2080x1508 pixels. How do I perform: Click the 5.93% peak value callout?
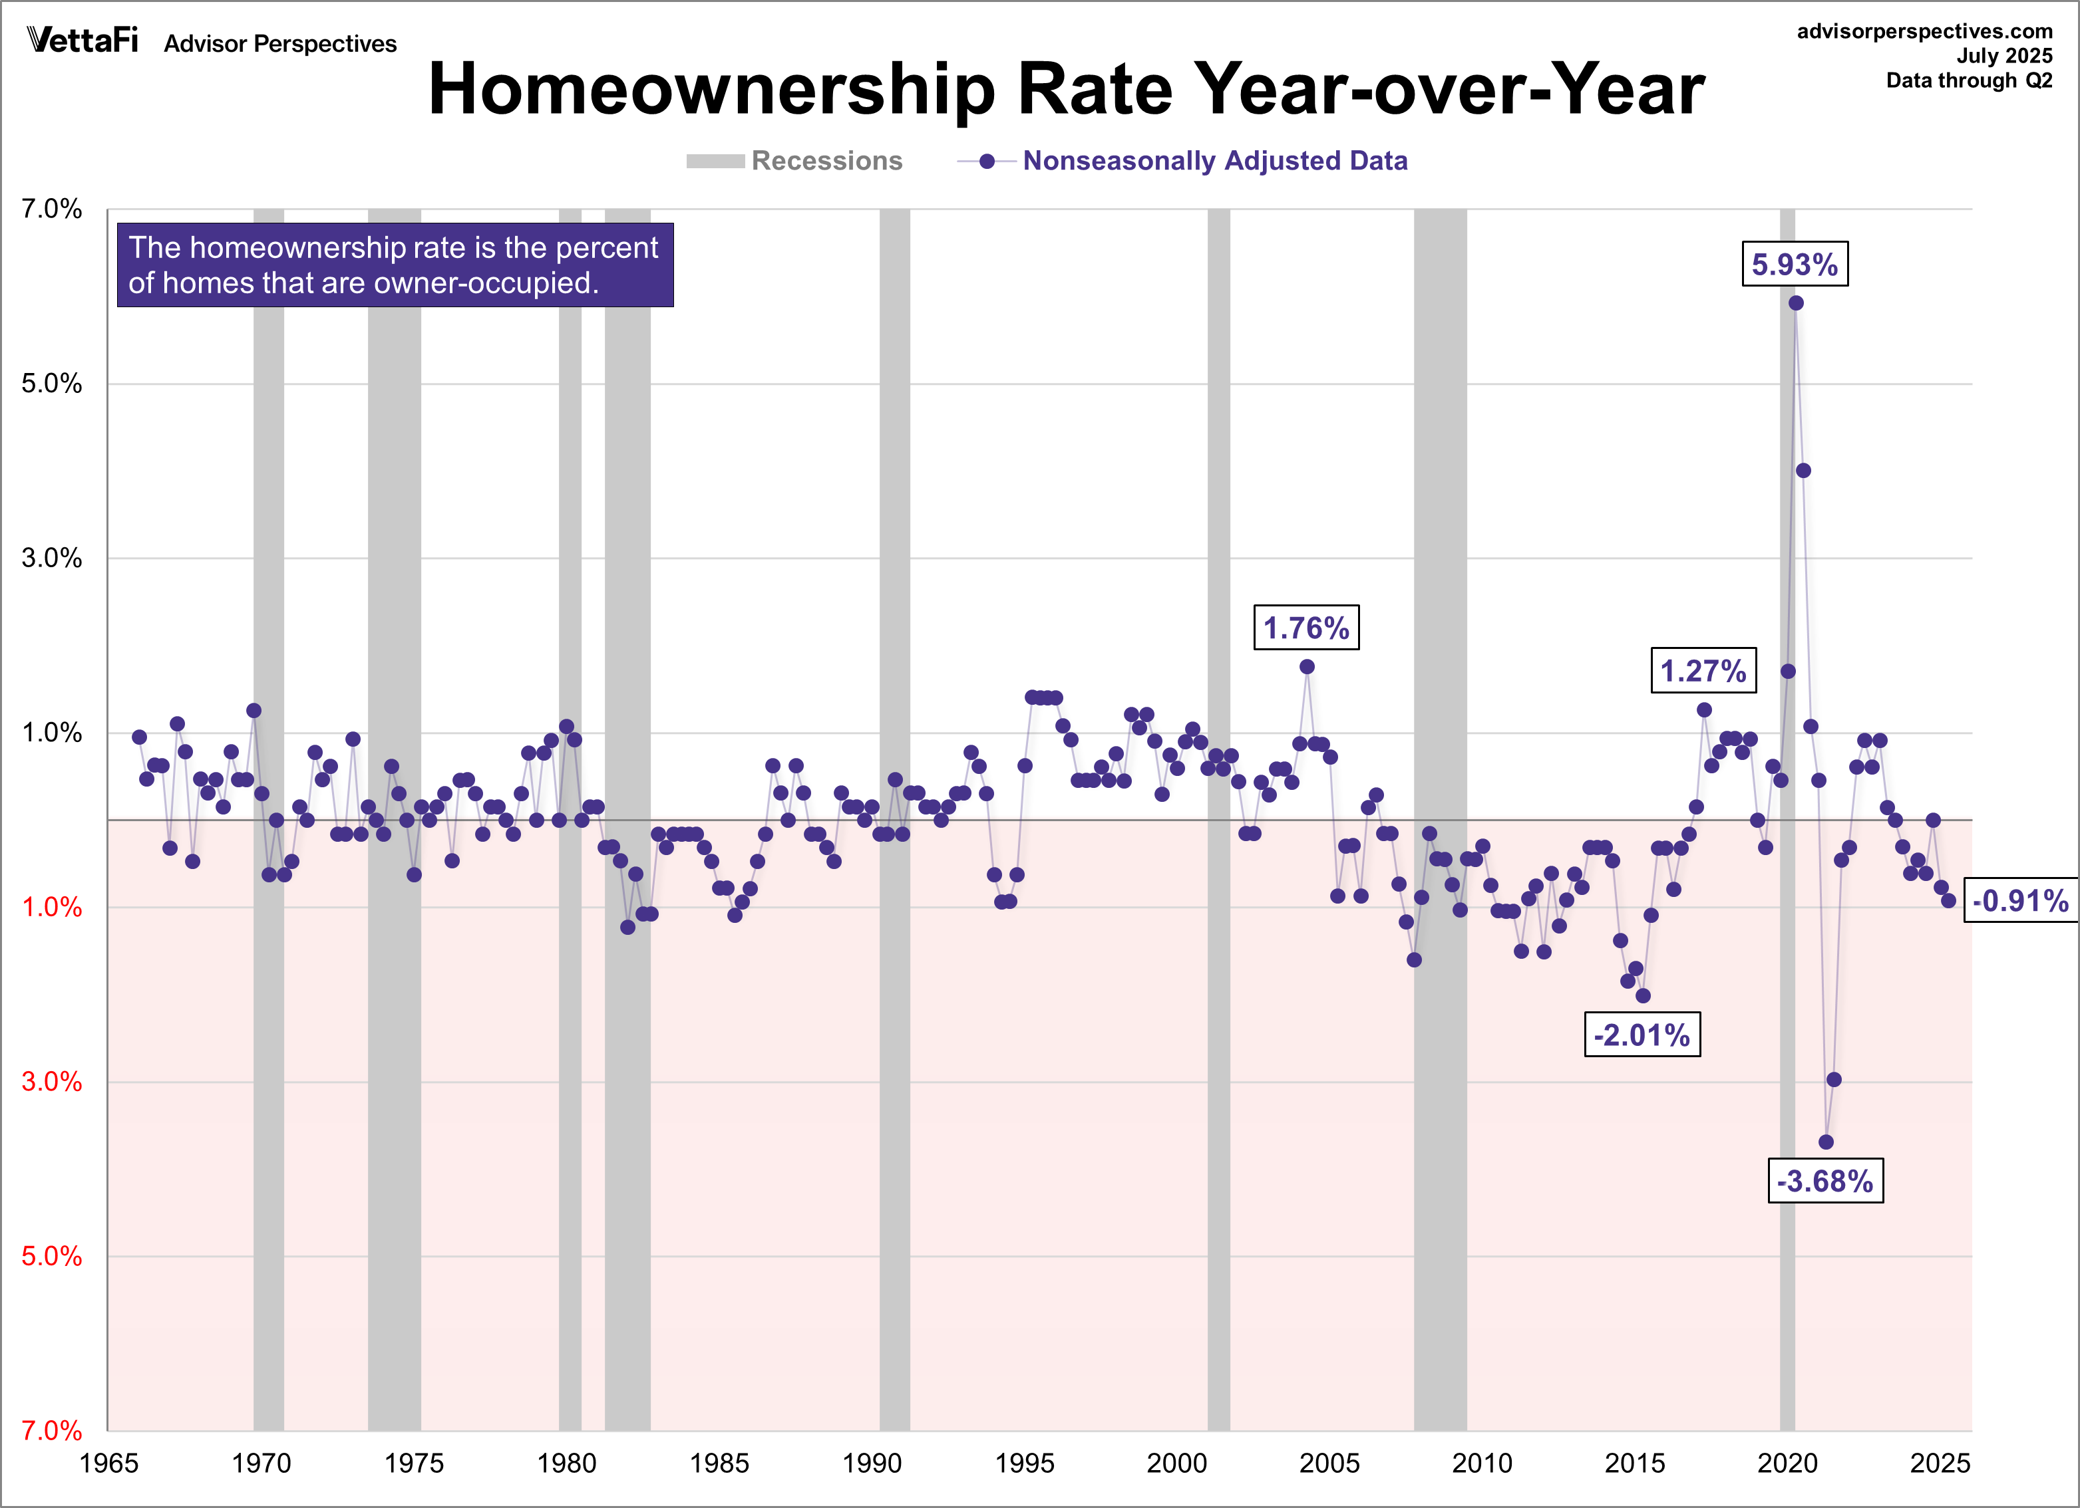point(1794,265)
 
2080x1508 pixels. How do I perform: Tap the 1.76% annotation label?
point(1306,628)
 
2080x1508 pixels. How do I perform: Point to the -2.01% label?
point(1642,1035)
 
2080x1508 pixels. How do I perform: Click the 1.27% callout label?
point(1703,670)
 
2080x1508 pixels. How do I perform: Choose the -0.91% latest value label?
point(2019,900)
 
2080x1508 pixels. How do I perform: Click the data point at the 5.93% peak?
point(1796,303)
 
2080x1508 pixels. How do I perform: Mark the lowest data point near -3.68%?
point(1826,1142)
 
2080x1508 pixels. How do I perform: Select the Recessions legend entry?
point(794,162)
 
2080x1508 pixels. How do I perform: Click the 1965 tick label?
point(108,1463)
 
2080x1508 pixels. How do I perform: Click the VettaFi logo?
point(83,41)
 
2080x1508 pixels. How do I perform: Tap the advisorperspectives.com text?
point(1924,31)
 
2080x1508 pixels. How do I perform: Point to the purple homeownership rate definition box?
point(395,265)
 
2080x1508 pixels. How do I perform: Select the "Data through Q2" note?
point(1968,80)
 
